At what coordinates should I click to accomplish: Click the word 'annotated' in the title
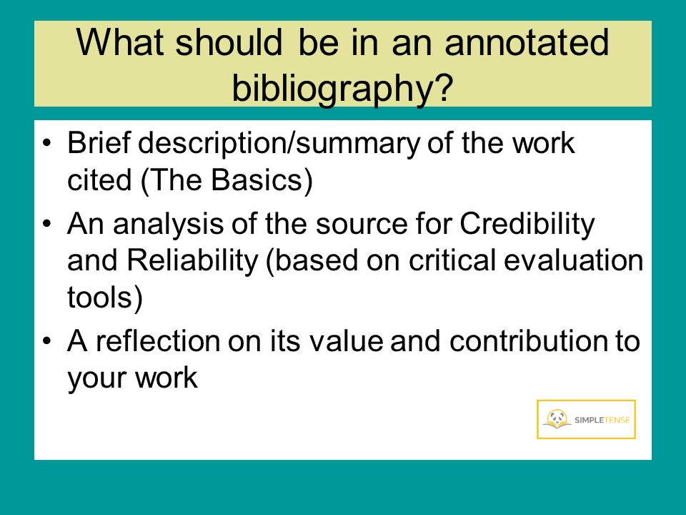[x=527, y=42]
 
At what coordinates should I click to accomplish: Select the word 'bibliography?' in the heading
[x=342, y=87]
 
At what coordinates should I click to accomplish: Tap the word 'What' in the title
[x=120, y=42]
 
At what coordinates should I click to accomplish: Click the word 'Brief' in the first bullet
[x=99, y=142]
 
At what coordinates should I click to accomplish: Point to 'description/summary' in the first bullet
[x=279, y=144]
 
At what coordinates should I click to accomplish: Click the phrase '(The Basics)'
[x=227, y=180]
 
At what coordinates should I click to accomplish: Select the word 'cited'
[x=99, y=180]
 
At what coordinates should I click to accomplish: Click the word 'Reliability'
[x=192, y=260]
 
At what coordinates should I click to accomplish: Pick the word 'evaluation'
[x=574, y=260]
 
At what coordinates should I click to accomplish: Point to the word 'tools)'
[x=105, y=298]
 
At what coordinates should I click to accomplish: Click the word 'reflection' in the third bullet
[x=158, y=340]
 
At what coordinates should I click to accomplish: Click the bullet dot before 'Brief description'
[x=47, y=143]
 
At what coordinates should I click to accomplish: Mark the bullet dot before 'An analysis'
[x=47, y=224]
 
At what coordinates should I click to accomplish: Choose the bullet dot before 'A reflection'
[x=47, y=340]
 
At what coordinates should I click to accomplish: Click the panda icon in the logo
[x=557, y=418]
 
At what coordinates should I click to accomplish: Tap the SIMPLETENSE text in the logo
[x=602, y=420]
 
